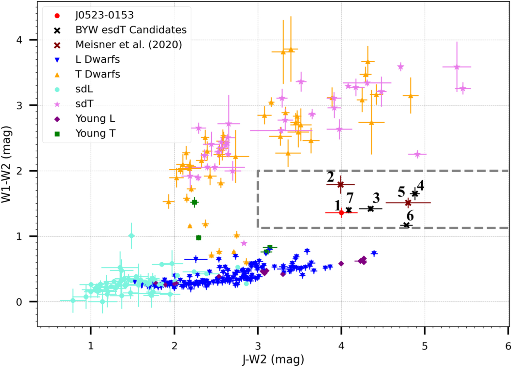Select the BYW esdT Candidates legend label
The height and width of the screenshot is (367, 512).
point(131,30)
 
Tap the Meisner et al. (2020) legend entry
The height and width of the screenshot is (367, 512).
point(128,45)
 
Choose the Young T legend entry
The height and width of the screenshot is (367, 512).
point(95,133)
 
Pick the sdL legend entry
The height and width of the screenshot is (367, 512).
point(84,89)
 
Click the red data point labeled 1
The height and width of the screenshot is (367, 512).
point(341,213)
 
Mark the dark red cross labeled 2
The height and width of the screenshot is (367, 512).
point(340,185)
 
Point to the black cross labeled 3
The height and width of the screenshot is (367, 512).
point(370,208)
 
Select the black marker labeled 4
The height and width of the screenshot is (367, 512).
point(414,194)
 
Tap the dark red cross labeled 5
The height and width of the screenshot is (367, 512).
point(408,203)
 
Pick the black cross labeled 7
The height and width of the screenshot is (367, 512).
point(349,210)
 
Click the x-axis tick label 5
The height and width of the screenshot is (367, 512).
point(425,346)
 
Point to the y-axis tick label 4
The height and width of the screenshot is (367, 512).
point(19,40)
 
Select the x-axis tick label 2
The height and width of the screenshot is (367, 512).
point(174,346)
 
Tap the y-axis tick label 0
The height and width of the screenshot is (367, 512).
point(19,302)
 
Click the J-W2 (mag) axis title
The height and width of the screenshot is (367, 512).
point(273,359)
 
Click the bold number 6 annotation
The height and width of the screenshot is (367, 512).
point(410,216)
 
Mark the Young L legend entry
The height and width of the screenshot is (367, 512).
point(95,119)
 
